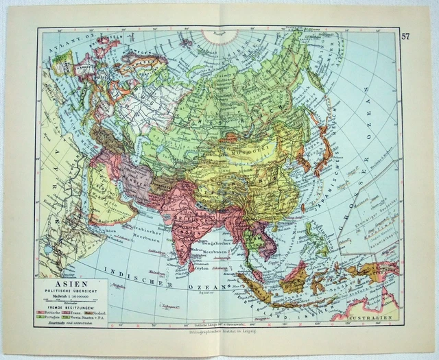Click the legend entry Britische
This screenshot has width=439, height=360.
[x=54, y=311]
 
